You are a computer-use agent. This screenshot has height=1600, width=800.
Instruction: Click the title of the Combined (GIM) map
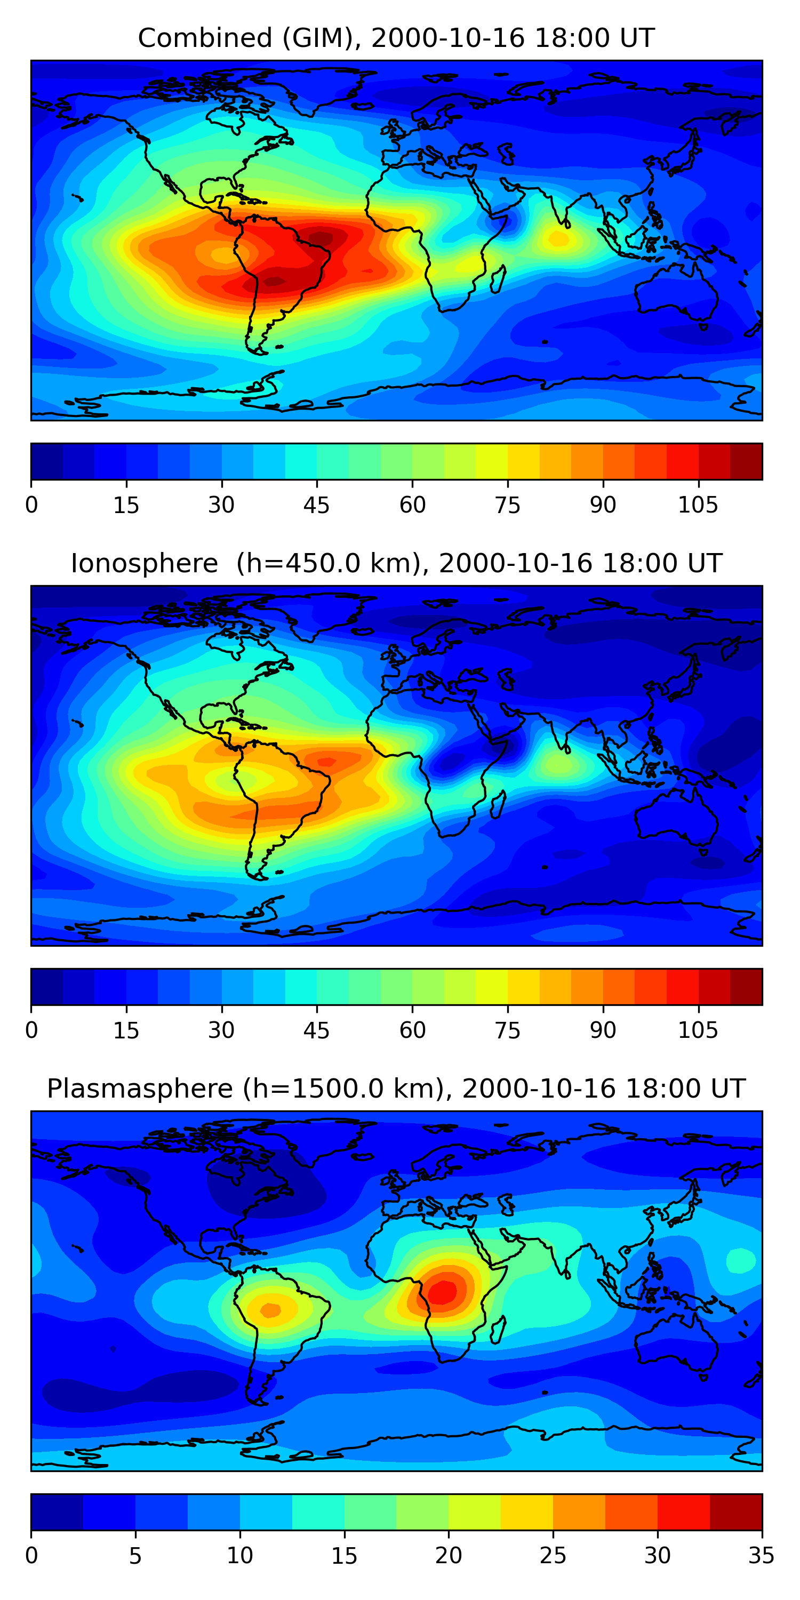click(x=396, y=38)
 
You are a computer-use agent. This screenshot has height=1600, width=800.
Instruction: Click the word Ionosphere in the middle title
click(x=144, y=563)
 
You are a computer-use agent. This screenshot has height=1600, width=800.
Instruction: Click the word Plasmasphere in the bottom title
click(x=140, y=1089)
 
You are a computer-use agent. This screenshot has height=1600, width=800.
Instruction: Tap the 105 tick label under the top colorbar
click(x=698, y=505)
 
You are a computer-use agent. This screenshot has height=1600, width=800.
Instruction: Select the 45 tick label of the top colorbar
click(x=317, y=505)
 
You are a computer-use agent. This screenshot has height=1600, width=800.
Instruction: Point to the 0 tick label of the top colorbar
click(x=31, y=505)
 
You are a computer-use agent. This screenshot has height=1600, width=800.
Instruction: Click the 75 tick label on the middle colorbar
click(x=507, y=1030)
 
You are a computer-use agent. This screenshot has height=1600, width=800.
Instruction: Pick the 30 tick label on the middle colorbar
click(x=221, y=1030)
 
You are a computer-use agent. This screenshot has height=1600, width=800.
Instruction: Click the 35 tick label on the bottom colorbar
click(x=762, y=1556)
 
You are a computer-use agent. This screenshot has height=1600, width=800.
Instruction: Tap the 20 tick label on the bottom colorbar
click(x=449, y=1556)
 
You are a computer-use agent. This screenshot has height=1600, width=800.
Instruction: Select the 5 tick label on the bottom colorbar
click(x=135, y=1556)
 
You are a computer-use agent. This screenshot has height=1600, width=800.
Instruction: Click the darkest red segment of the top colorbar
click(x=746, y=461)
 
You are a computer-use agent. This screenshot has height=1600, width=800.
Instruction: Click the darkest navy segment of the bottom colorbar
click(x=57, y=1513)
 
